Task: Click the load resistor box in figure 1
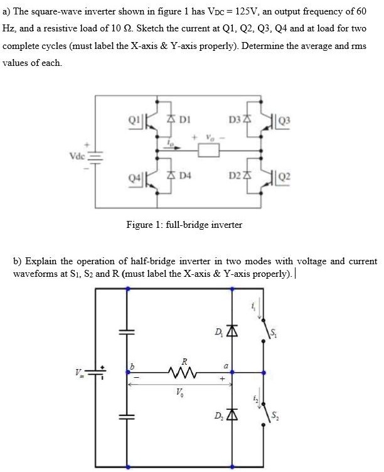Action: point(208,151)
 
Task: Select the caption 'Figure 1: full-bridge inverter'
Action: point(184,224)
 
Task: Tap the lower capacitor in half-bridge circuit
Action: point(128,416)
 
